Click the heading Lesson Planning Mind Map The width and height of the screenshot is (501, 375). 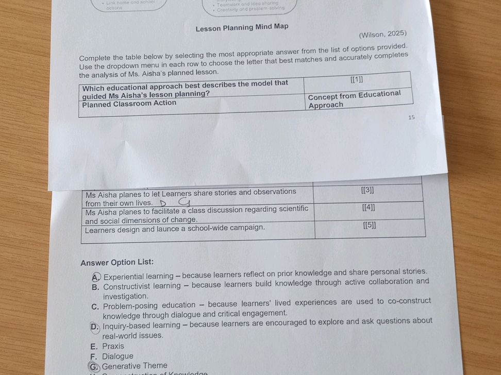242,27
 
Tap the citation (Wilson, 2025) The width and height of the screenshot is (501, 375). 382,35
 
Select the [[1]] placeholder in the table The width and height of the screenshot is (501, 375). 356,80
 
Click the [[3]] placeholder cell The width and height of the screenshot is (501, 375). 368,191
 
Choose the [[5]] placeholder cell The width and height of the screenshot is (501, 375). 369,225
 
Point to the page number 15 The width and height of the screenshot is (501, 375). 411,117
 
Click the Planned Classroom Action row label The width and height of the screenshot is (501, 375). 129,103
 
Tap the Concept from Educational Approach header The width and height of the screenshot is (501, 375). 354,99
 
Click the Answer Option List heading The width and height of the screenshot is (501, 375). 117,263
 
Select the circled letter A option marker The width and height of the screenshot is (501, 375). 96,276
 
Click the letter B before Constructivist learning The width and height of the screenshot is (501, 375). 95,287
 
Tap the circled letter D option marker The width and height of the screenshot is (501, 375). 95,326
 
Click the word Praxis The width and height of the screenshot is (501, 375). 113,346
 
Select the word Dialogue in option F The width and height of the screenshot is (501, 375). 118,356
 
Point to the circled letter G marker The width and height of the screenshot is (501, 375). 93,366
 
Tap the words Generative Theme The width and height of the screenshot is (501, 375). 135,366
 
